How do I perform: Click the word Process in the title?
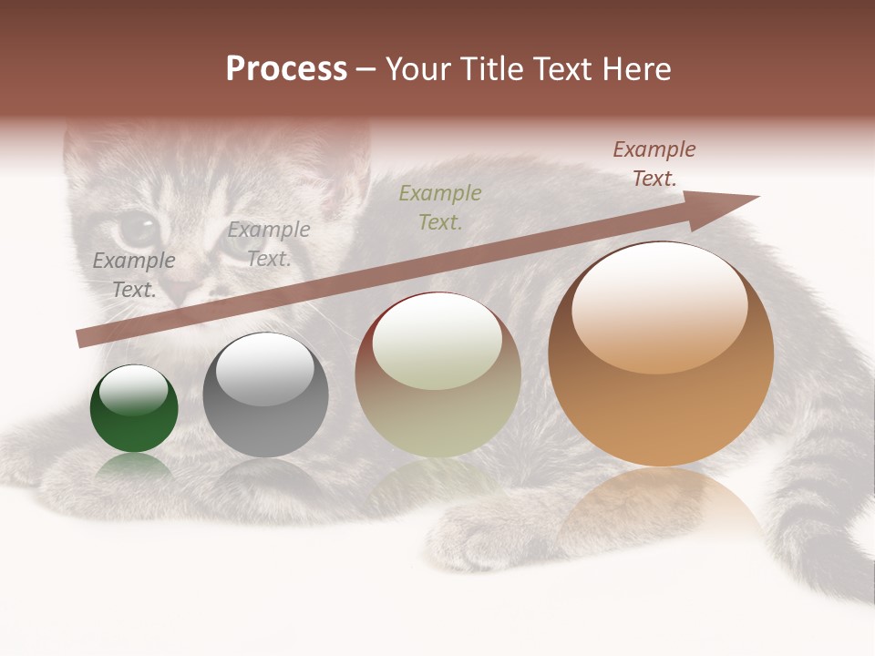pyautogui.click(x=286, y=69)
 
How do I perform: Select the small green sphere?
pyautogui.click(x=134, y=409)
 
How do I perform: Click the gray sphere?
pyautogui.click(x=265, y=395)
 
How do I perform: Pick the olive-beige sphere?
pyautogui.click(x=437, y=374)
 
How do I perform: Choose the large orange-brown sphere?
pyautogui.click(x=661, y=354)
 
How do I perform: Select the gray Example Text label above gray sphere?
pyautogui.click(x=269, y=244)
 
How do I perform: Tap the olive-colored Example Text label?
pyautogui.click(x=440, y=207)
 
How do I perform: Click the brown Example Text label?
pyautogui.click(x=654, y=164)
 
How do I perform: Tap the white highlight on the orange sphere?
pyautogui.click(x=659, y=305)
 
